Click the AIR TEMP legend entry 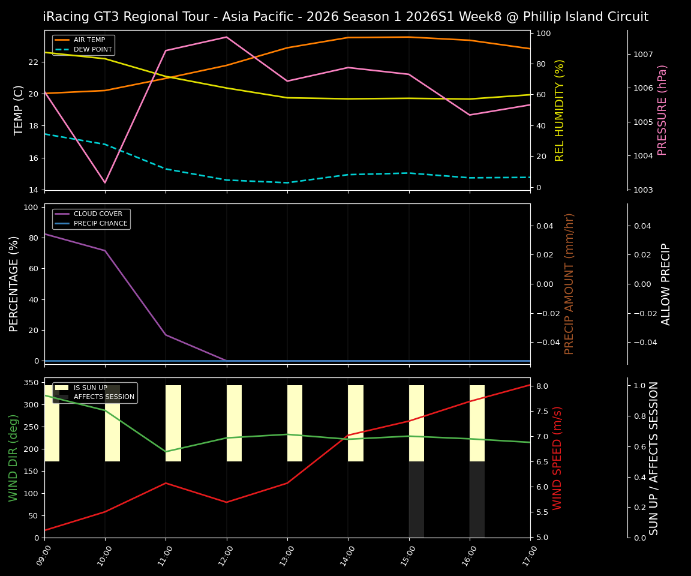coord(89,40)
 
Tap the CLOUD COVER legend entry coord(98,214)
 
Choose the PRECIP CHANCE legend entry coord(100,223)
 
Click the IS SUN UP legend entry coord(90,388)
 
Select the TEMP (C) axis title coord(19,110)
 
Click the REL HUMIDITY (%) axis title coord(560,110)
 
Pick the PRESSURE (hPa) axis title coord(662,110)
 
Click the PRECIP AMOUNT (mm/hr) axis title coord(569,283)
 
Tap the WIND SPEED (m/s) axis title coord(557,457)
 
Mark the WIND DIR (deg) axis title coord(13,457)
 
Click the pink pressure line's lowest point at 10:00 coord(105,182)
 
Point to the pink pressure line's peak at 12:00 coord(226,37)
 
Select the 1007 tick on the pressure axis coord(644,54)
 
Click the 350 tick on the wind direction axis coord(32,382)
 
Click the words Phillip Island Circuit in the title coord(578,17)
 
